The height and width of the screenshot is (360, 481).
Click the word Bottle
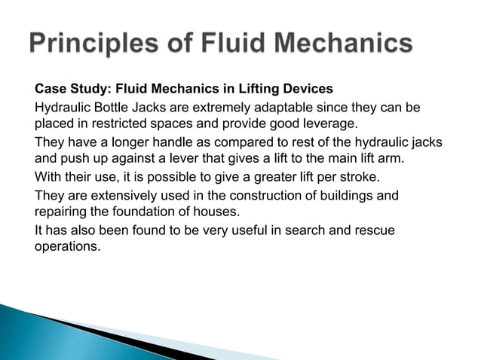pos(107,108)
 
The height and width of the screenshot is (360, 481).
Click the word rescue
pos(375,230)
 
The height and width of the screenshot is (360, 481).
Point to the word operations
pos(66,246)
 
